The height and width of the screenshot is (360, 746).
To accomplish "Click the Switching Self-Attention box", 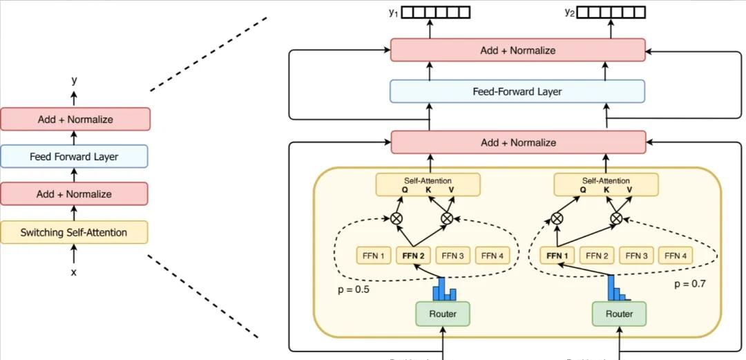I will click(74, 232).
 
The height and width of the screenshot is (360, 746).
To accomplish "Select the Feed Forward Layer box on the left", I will click(74, 156).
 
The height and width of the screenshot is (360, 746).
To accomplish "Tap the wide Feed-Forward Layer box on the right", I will click(517, 91).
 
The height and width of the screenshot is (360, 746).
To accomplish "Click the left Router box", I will click(442, 314).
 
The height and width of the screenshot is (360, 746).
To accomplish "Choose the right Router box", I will click(619, 314).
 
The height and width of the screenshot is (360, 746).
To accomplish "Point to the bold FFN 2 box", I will click(413, 256).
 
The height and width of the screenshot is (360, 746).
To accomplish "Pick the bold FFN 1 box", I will click(557, 256).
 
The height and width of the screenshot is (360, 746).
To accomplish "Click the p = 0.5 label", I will click(353, 290).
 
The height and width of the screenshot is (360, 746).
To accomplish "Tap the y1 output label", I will click(394, 12).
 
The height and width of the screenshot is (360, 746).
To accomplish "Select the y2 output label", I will click(569, 12).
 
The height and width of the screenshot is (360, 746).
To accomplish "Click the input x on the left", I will click(74, 272).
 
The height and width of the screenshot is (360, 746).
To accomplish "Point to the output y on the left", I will click(74, 81).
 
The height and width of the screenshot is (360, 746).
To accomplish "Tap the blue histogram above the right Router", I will click(617, 289).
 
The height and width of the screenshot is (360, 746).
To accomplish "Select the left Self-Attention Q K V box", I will click(428, 184).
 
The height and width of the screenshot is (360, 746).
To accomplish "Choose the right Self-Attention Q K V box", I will click(606, 184).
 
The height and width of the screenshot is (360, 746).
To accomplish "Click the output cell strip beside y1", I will click(436, 12).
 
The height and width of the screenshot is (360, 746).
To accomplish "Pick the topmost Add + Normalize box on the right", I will click(517, 50).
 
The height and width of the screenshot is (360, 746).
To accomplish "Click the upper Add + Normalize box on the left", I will click(75, 119).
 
